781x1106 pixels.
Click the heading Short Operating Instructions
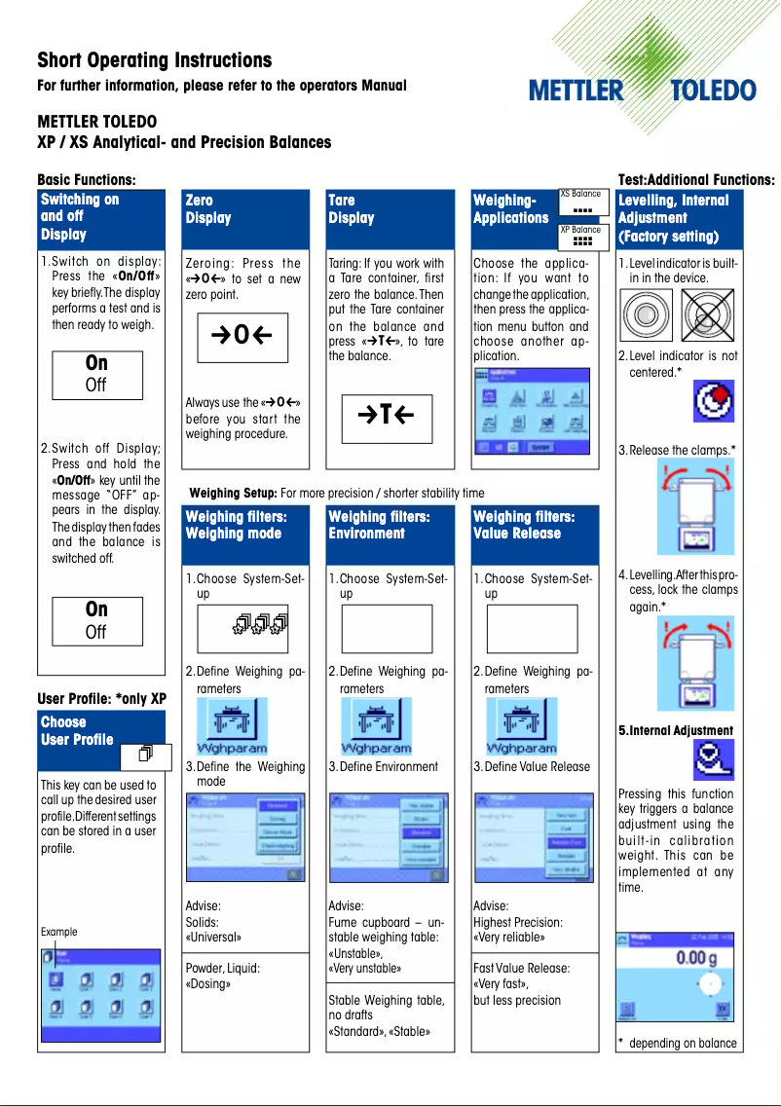coord(154,60)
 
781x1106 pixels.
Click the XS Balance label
coord(580,194)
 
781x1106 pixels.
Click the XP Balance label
coord(580,230)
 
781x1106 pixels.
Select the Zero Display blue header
coord(244,218)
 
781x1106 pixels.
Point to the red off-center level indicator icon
coord(713,401)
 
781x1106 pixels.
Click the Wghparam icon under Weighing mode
coord(230,728)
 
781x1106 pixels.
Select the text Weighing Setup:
coord(234,493)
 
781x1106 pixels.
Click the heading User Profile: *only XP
coord(101,699)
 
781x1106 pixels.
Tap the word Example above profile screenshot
coord(58,932)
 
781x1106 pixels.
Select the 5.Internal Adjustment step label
coord(676,730)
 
